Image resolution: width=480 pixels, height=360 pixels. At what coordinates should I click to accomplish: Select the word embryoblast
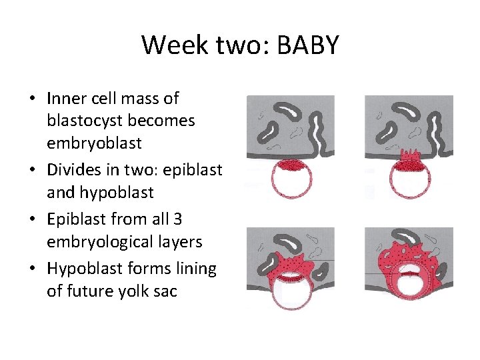94,143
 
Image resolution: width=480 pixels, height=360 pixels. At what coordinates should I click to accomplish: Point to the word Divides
72,170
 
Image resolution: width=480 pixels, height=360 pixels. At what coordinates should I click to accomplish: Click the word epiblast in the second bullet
193,170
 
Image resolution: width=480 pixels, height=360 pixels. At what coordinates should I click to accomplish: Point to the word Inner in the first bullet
64,99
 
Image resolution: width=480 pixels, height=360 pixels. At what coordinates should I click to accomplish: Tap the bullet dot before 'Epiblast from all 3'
32,219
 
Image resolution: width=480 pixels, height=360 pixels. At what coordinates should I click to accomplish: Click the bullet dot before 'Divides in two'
32,171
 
